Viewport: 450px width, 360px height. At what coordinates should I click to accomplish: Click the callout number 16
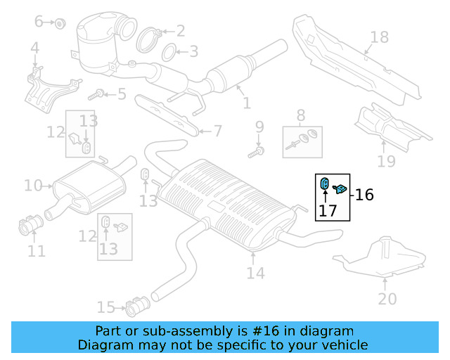coord(364,195)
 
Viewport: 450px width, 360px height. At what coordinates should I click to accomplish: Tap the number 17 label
coord(328,210)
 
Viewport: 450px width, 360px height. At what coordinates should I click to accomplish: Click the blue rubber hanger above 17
coord(326,184)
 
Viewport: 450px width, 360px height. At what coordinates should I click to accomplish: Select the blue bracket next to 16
coord(340,188)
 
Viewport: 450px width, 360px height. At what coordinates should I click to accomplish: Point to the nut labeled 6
coord(60,22)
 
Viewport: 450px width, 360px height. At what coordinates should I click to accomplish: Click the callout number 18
coord(379,37)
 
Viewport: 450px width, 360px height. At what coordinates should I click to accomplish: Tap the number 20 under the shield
coord(387,299)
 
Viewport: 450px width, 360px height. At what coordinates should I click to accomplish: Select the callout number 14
coord(255,272)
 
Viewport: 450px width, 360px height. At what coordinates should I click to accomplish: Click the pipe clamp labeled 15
coord(135,307)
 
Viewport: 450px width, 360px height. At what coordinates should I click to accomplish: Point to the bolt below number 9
coord(258,150)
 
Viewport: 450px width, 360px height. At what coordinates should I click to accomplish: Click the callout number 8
coord(301,115)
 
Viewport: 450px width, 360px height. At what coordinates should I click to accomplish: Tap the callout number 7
coord(217,131)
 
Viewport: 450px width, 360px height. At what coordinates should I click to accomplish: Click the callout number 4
coord(34,49)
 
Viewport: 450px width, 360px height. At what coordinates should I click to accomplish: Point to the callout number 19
coord(386,162)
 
